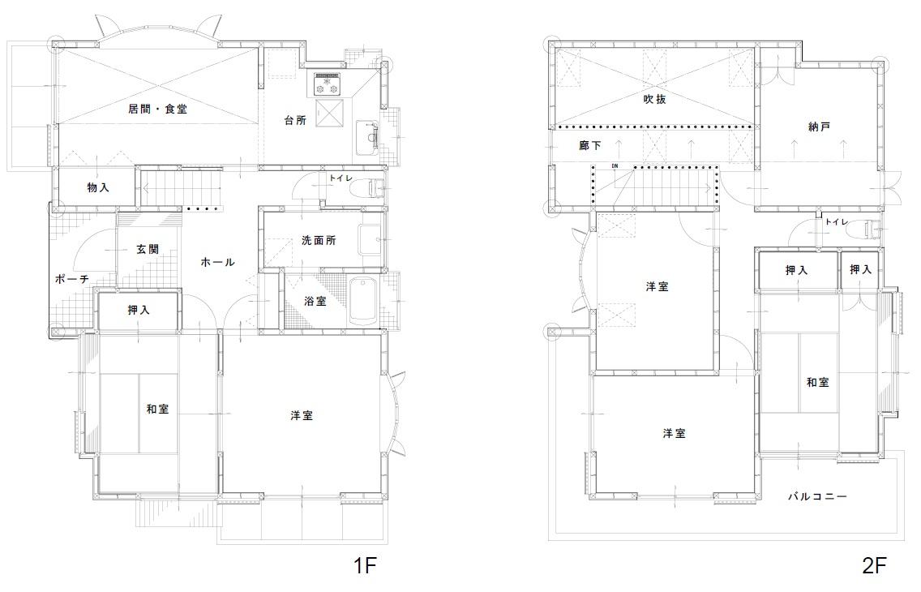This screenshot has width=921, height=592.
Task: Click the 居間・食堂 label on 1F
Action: (157, 109)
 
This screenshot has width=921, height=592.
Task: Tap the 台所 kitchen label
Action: (295, 120)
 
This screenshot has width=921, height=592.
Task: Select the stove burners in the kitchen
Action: (328, 84)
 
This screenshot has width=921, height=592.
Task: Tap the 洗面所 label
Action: (319, 240)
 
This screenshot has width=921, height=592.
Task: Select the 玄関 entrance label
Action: (148, 249)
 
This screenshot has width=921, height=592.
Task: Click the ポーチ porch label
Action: (71, 279)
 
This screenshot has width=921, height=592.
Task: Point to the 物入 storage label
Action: (98, 187)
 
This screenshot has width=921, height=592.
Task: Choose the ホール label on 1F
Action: (217, 262)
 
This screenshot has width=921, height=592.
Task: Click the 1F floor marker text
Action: (364, 565)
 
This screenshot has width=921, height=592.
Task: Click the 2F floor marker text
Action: (874, 565)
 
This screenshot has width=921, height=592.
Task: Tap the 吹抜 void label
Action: (654, 99)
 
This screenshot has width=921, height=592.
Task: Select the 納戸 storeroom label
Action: (818, 127)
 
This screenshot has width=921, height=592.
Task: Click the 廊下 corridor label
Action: (589, 144)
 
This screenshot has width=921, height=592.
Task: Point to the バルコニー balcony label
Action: (817, 497)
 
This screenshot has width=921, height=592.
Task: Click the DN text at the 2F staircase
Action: (615, 166)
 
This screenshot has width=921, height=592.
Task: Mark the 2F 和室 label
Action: (817, 382)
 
